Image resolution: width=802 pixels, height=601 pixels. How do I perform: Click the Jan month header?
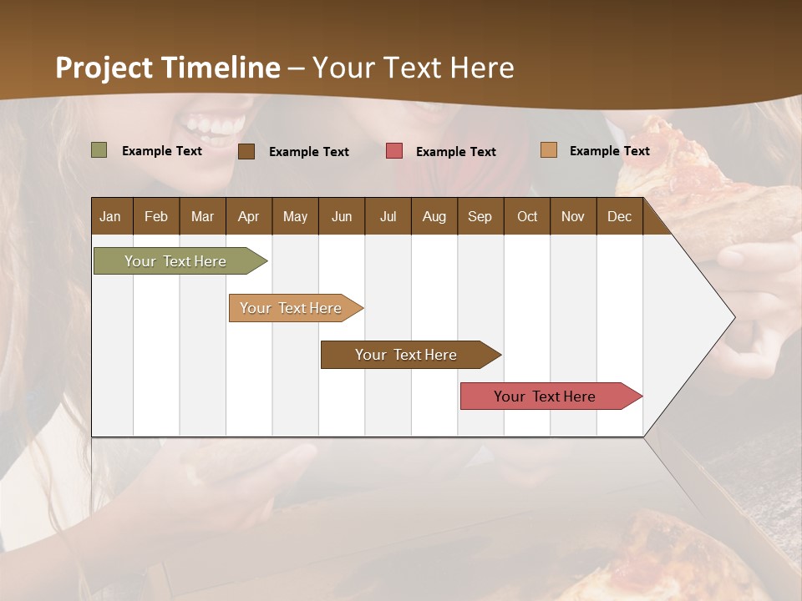[x=110, y=216]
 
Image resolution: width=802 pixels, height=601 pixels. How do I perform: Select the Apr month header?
[x=248, y=216]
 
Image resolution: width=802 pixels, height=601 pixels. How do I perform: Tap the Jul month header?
[x=388, y=216]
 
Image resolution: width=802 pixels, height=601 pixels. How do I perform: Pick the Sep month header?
[x=480, y=216]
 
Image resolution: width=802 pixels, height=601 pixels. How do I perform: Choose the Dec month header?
[x=619, y=216]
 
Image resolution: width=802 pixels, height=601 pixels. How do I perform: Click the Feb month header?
[x=156, y=216]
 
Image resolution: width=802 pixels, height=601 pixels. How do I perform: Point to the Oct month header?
[x=527, y=216]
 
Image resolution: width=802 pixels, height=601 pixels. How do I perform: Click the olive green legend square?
[x=99, y=150]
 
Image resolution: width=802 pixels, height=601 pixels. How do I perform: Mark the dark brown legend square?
[x=246, y=151]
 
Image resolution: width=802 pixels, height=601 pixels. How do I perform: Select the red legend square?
[x=394, y=151]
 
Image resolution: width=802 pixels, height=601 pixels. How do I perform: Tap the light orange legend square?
[x=548, y=150]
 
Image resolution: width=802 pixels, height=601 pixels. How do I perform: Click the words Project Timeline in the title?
[x=168, y=68]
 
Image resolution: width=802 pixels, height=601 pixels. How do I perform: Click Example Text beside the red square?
[x=455, y=152]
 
